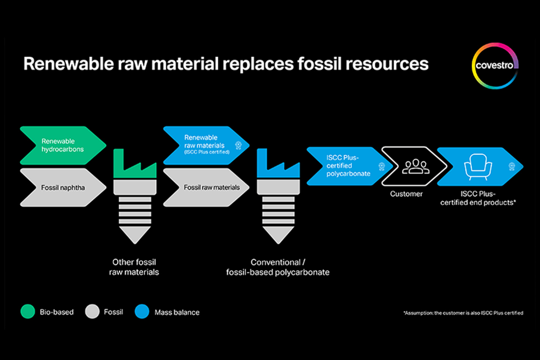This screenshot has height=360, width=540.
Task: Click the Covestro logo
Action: tap(495, 66)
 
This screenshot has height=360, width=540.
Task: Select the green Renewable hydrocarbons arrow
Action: tap(63, 145)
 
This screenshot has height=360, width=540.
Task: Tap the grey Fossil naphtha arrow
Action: tap(63, 187)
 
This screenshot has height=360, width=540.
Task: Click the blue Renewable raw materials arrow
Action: tap(206, 145)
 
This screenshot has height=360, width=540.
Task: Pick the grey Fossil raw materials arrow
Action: tap(206, 187)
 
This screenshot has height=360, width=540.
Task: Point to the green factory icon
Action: tap(135, 163)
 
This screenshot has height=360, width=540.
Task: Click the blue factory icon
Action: tap(278, 163)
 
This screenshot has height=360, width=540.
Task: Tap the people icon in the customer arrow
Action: tap(415, 166)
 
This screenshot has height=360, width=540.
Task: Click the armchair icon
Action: tap(478, 167)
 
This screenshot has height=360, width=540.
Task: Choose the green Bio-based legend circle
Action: tap(28, 312)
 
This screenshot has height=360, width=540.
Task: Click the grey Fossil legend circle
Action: tap(92, 312)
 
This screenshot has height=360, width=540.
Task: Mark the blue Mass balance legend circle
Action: tap(142, 312)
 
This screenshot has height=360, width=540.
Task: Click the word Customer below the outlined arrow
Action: tap(406, 194)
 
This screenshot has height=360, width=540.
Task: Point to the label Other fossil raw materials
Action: tap(134, 267)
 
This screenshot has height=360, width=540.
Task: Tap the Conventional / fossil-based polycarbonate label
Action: tap(278, 267)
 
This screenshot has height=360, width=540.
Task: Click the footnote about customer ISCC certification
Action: tap(463, 313)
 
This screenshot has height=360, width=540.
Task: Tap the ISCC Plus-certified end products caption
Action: tap(478, 198)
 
